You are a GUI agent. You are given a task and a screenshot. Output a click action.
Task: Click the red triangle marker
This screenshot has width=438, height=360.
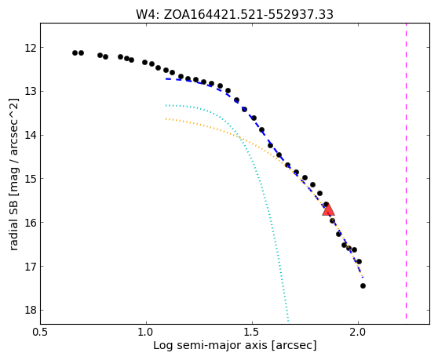click(x=328, y=209)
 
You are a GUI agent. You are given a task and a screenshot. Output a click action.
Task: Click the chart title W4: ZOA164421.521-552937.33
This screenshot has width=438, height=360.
click(x=235, y=14)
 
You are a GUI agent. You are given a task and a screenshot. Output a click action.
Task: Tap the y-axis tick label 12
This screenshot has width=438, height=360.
click(x=31, y=48)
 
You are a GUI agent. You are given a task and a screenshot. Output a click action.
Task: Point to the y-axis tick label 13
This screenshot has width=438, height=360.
click(x=31, y=91)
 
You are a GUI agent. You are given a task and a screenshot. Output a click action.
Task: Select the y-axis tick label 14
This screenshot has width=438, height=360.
click(x=31, y=135)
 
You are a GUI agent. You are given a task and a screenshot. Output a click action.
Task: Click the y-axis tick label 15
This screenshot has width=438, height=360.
click(x=31, y=179)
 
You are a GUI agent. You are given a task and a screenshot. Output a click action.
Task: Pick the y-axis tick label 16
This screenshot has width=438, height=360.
click(x=31, y=223)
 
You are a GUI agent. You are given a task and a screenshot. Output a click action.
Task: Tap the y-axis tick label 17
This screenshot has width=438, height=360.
click(x=31, y=266)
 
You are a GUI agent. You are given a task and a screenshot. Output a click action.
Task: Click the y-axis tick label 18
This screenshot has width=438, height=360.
click(x=31, y=310)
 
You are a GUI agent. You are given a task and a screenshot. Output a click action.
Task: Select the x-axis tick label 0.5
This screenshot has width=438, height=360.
click(x=40, y=333)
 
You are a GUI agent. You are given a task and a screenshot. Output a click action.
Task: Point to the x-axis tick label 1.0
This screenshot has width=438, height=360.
click(x=146, y=333)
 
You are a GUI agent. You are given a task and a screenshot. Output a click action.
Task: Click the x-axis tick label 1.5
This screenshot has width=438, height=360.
click(x=252, y=333)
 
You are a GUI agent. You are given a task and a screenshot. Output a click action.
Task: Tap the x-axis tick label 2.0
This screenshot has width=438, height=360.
click(x=358, y=333)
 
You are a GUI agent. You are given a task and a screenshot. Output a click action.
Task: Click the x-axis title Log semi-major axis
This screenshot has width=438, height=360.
click(x=210, y=346)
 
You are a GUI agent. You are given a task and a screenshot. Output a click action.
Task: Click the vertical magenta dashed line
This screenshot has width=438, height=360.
click(x=406, y=171)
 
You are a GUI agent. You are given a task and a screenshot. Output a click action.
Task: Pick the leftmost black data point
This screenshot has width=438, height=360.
click(x=75, y=53)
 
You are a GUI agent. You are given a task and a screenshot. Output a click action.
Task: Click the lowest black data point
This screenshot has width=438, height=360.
click(x=363, y=285)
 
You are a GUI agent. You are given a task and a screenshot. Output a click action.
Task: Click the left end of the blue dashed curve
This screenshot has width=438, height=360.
click(x=166, y=79)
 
